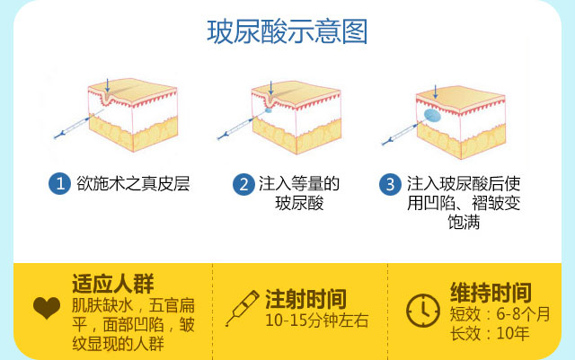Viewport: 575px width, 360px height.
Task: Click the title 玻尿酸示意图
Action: click(x=287, y=31)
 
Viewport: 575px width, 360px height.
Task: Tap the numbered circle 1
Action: click(x=59, y=183)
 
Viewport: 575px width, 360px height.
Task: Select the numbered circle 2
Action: click(x=243, y=184)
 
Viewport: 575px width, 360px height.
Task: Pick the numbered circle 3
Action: click(x=390, y=184)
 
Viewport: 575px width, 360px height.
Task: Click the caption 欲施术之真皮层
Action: click(x=133, y=183)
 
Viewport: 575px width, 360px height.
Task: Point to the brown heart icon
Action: click(x=47, y=308)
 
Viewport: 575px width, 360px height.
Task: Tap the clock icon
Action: click(x=423, y=310)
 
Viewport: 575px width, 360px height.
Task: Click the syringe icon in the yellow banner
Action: click(x=242, y=308)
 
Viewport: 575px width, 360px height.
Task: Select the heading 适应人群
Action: click(x=112, y=284)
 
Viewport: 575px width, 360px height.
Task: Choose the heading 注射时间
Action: click(x=305, y=299)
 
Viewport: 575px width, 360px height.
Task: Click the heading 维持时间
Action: click(x=491, y=292)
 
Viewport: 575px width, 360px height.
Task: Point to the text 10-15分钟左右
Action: click(x=317, y=320)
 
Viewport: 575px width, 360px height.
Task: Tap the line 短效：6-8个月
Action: click(x=500, y=314)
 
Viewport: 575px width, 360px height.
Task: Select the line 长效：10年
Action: click(x=490, y=334)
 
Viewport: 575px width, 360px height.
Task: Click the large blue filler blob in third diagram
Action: click(x=432, y=116)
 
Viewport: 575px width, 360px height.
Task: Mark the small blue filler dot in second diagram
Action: click(x=269, y=110)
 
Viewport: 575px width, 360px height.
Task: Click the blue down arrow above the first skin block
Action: click(x=107, y=85)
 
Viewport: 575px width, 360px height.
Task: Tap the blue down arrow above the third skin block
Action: click(x=435, y=92)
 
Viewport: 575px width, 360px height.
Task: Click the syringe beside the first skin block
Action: click(x=79, y=124)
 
